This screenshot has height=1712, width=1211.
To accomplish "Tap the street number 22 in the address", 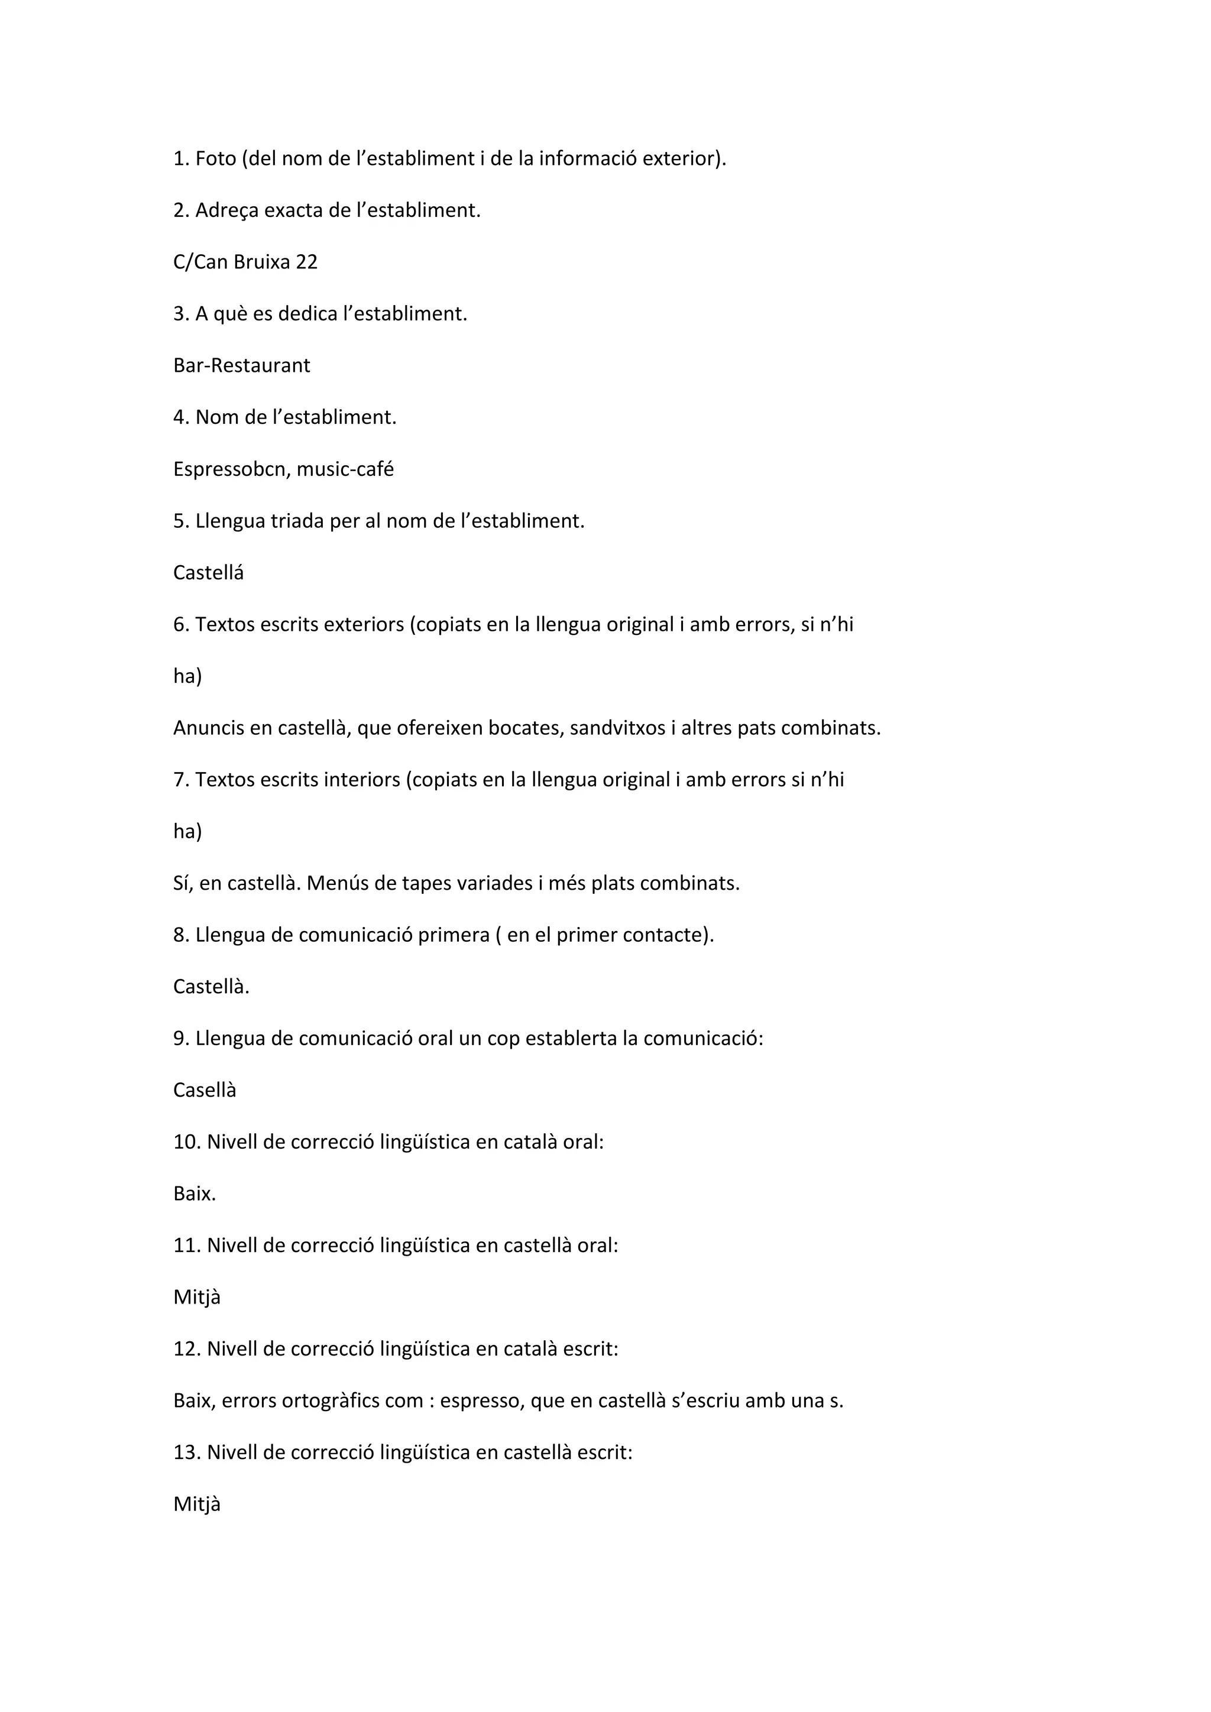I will [306, 262].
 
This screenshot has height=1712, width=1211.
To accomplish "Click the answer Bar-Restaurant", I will [242, 365].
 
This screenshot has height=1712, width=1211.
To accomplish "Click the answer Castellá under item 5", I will [208, 573].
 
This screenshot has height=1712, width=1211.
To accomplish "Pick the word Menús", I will [335, 884].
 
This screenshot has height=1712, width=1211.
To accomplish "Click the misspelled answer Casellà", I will [205, 1090].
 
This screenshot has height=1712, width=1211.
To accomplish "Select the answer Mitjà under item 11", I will [197, 1298].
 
